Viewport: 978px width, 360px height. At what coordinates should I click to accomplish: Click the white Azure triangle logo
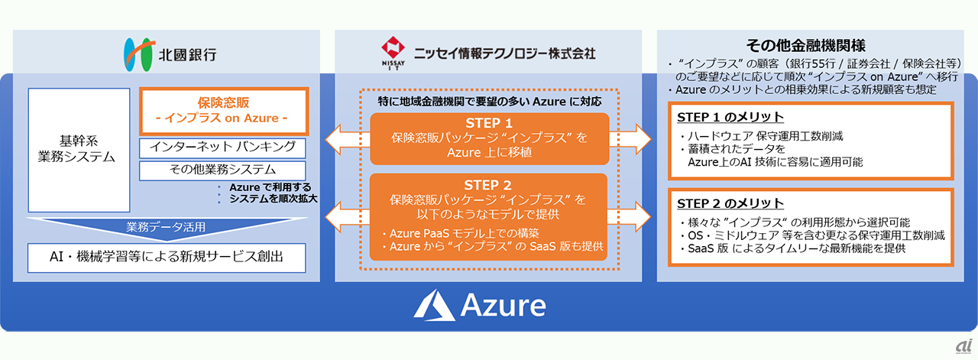coord(433,306)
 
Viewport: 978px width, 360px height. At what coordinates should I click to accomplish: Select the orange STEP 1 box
coord(489,138)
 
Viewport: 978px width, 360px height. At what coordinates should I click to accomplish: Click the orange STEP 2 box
coord(489,216)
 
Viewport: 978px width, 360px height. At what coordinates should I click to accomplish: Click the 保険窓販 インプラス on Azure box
coord(223,110)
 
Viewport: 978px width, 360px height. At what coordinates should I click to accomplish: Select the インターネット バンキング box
coord(223,148)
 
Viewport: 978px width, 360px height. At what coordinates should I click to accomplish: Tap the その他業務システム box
coord(223,170)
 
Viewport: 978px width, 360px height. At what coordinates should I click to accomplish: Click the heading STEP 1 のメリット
coord(730,117)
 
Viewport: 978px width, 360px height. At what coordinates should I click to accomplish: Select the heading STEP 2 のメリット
coord(730,203)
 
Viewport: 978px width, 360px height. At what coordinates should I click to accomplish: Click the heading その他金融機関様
coord(805,45)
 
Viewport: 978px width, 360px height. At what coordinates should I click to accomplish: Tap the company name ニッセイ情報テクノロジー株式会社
coord(504,54)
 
